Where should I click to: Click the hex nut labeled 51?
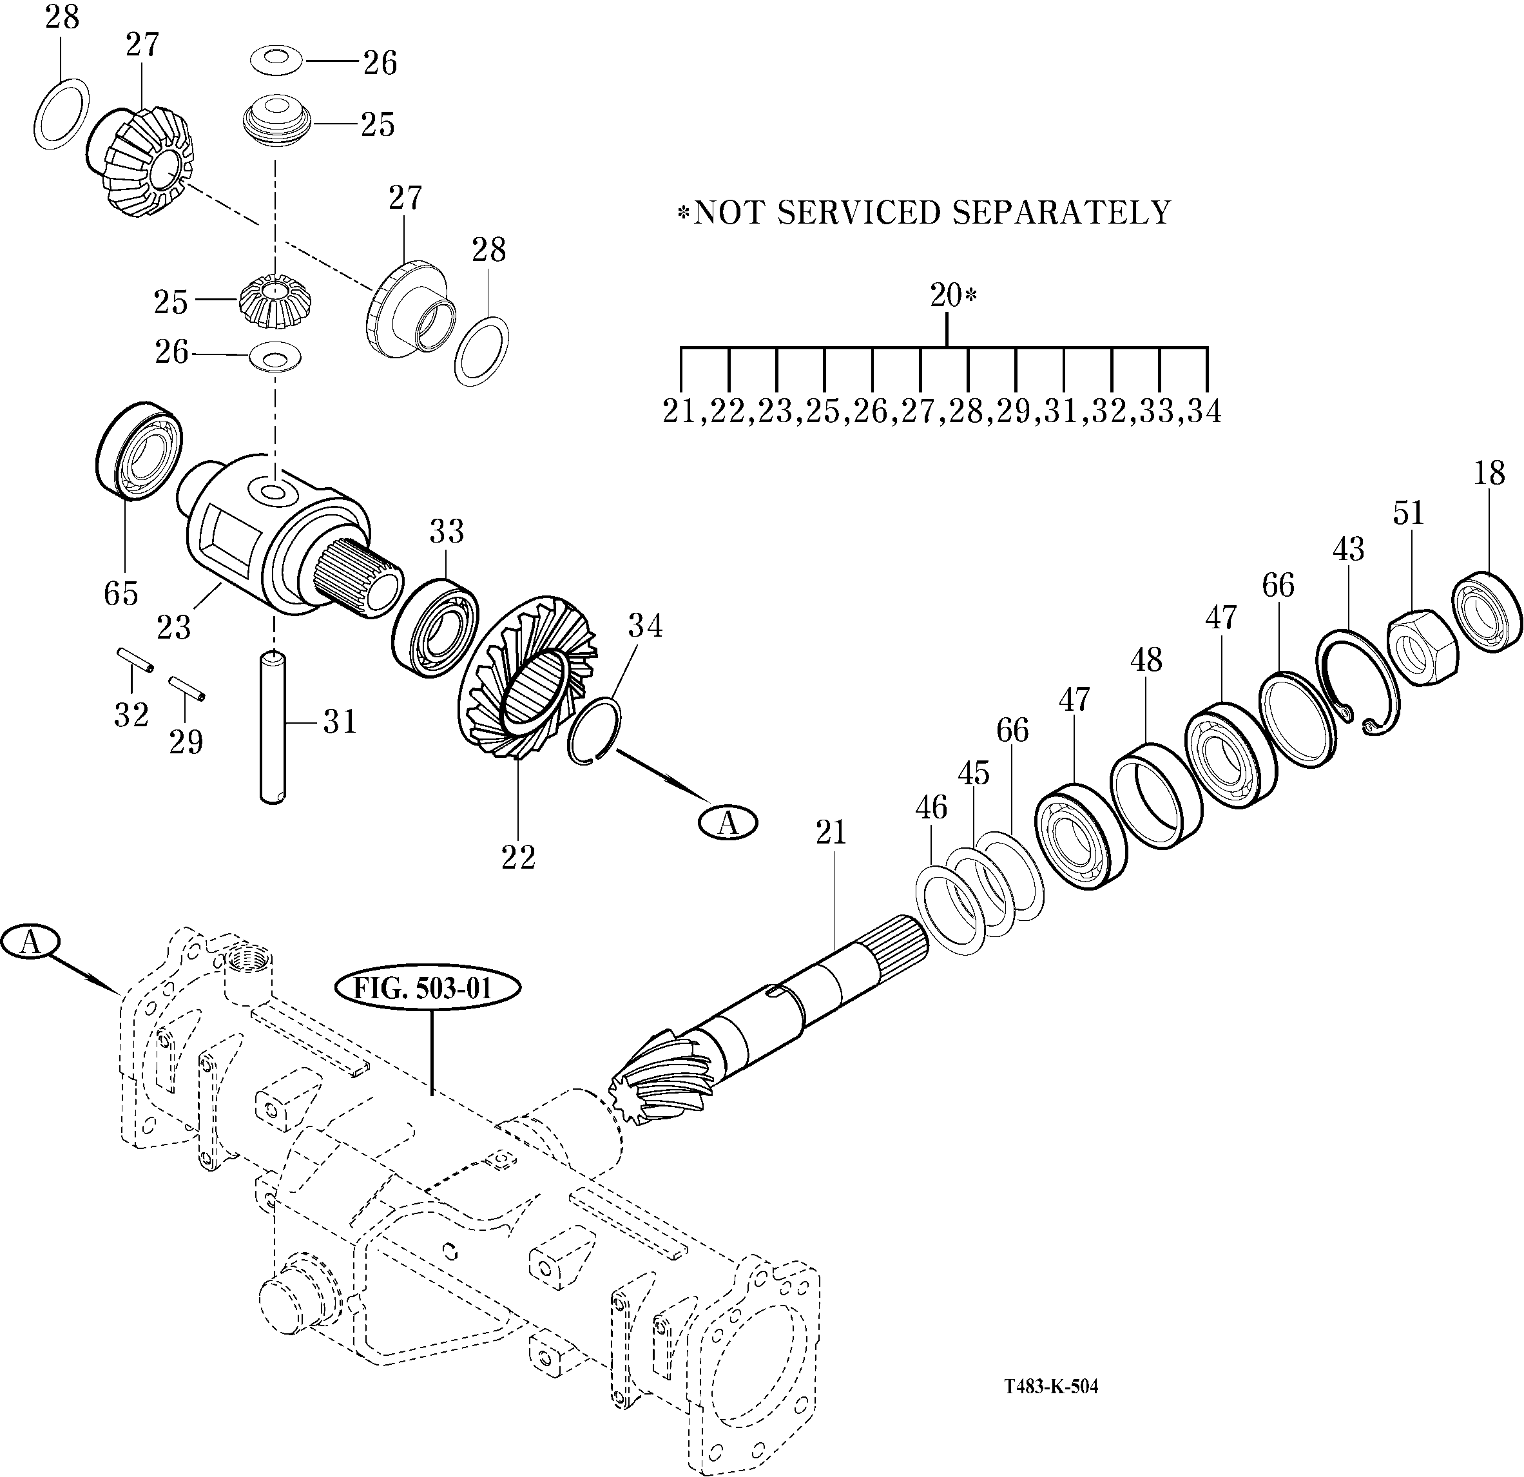coord(1422,644)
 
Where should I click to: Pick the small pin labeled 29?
coord(187,687)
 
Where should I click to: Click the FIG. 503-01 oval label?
coord(427,988)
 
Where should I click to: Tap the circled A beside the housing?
coord(30,942)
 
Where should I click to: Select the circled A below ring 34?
coord(728,822)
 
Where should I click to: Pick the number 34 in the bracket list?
coord(1204,410)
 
